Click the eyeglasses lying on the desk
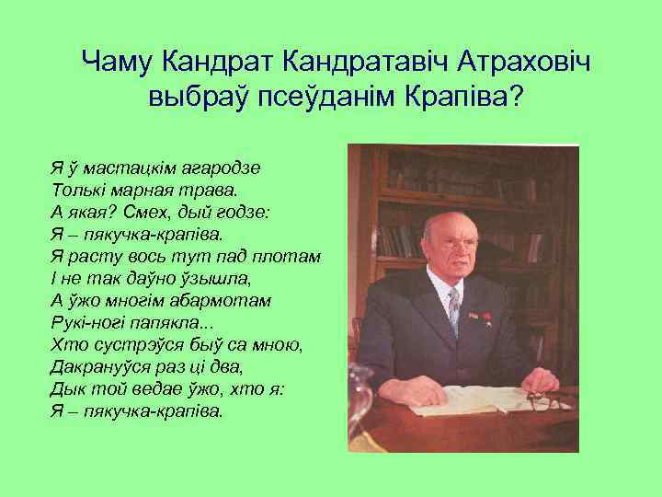(x=544, y=402)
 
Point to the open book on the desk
(x=478, y=398)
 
